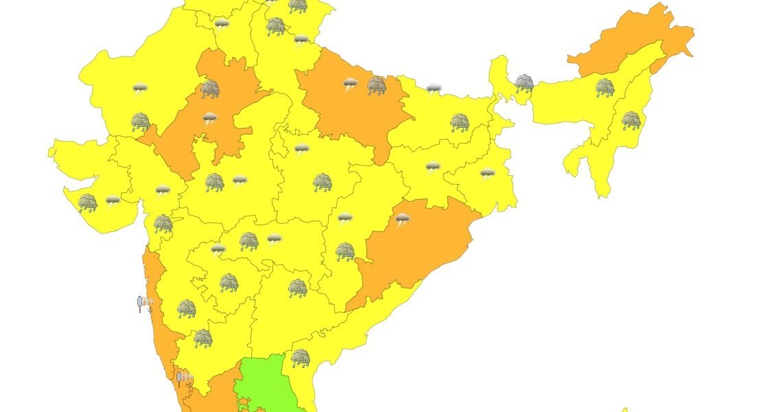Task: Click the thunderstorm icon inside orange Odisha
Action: click(403, 220)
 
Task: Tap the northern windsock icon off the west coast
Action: click(145, 303)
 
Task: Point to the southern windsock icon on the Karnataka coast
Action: click(184, 378)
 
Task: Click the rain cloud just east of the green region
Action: click(300, 357)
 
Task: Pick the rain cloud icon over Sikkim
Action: click(524, 83)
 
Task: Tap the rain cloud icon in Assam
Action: click(605, 87)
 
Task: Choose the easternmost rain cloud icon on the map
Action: click(631, 121)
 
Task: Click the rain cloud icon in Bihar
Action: click(459, 123)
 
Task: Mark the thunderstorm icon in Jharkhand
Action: click(432, 167)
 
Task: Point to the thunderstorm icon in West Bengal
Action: click(487, 174)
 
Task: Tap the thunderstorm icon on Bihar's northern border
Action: click(434, 89)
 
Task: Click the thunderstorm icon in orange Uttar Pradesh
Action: click(351, 85)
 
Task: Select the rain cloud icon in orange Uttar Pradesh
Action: click(376, 85)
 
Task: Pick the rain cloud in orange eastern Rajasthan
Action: click(210, 89)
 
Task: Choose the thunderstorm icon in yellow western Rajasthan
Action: click(140, 88)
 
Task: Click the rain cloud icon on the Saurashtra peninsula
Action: click(87, 202)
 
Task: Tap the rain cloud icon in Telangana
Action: click(297, 288)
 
